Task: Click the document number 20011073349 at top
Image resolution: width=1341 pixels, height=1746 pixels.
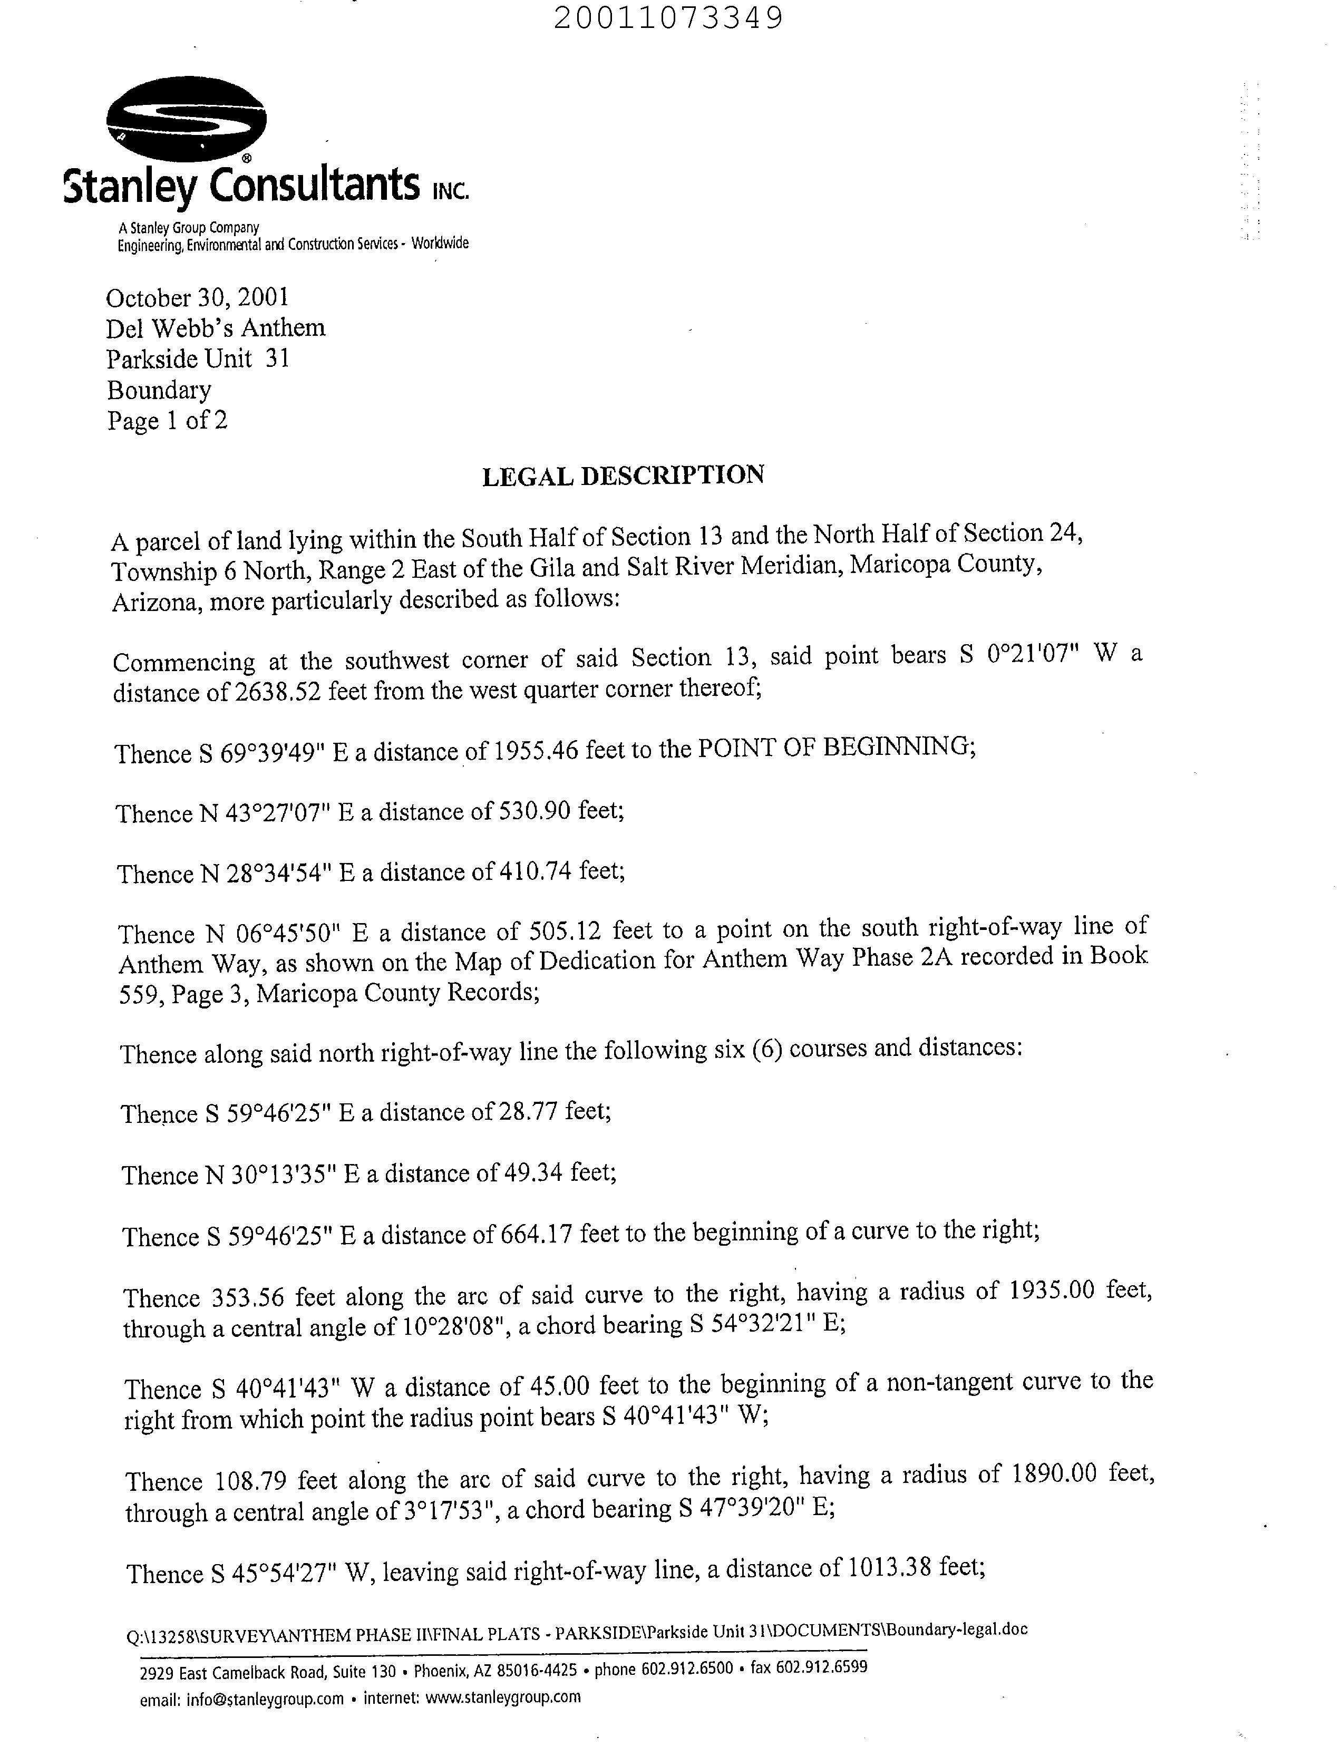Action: tap(667, 17)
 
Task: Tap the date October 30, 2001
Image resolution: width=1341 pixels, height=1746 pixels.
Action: tap(197, 298)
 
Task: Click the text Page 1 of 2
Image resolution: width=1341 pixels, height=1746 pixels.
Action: tap(168, 421)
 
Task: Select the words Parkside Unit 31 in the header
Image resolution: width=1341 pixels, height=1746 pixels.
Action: tap(198, 359)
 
